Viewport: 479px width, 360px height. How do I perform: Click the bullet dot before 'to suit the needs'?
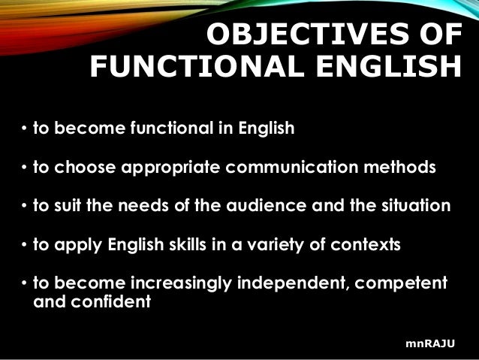[24, 206]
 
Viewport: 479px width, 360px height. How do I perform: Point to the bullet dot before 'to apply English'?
[24, 245]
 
